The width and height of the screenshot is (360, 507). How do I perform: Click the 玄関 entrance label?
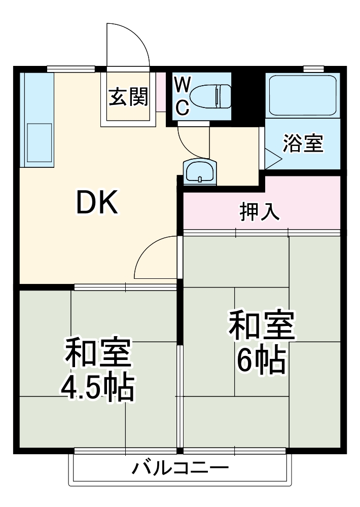tap(128, 96)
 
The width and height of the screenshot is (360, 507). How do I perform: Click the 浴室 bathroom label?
tap(303, 143)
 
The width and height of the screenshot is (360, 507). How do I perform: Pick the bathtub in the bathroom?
tap(302, 96)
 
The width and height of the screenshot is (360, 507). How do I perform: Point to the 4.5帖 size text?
tap(97, 387)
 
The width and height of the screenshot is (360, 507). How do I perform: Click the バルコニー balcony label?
tap(180, 467)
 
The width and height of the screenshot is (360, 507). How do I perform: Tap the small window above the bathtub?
tap(314, 68)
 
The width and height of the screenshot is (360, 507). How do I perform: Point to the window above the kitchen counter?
tap(71, 68)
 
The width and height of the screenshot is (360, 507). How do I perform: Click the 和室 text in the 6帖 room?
tap(261, 326)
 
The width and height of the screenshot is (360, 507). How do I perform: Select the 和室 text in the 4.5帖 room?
tap(97, 353)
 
